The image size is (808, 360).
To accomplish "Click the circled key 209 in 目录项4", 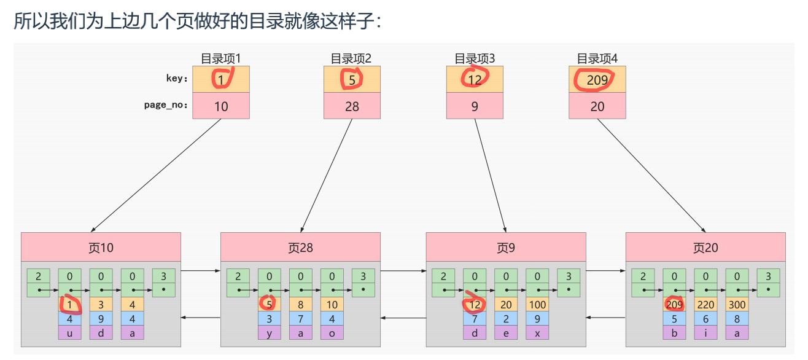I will point(597,79).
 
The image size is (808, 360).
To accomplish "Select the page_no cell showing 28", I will point(352,106).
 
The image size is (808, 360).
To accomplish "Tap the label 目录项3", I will point(475,59).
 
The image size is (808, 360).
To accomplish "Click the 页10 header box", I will point(101,248).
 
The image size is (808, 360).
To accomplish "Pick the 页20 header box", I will point(705,248).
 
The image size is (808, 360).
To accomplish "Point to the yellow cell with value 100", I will point(537,303).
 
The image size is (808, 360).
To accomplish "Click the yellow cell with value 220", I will point(705,303).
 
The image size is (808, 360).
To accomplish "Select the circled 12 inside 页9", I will point(474,303).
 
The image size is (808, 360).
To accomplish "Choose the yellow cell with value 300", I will point(737,303).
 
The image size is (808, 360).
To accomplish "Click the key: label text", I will point(176,79).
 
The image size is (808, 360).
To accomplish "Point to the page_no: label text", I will point(165,105).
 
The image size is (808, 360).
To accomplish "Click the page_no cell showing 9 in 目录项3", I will point(475,106).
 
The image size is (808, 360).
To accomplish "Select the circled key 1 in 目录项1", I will point(221,79).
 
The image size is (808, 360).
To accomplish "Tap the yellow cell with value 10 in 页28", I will point(332,303).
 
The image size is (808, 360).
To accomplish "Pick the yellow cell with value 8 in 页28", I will point(300,303).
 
